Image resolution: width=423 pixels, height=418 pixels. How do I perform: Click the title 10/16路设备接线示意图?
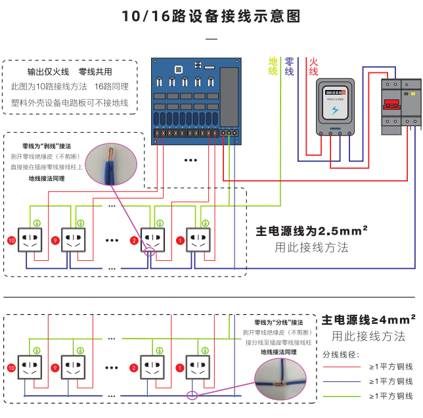(211, 16)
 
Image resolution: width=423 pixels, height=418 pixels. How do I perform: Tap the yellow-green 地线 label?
(273, 66)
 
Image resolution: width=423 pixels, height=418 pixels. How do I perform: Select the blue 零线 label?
(289, 66)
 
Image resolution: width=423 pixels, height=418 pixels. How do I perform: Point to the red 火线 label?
(313, 66)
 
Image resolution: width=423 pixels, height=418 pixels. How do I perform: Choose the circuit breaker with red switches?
(401, 106)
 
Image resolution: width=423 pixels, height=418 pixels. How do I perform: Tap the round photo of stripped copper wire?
(113, 165)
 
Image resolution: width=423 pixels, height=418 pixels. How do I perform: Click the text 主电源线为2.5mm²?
(311, 231)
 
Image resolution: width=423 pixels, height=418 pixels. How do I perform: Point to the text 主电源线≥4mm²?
(368, 320)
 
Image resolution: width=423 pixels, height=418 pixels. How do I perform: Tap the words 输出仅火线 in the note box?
(48, 72)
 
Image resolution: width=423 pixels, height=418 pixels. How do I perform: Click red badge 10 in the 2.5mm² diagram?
(11, 241)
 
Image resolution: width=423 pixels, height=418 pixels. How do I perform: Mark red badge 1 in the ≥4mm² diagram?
(180, 367)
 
